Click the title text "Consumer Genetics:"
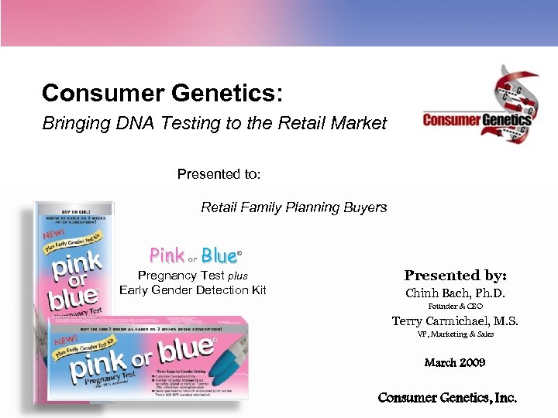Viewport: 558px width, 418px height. coord(162,94)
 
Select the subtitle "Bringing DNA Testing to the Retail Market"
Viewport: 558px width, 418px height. coord(214,123)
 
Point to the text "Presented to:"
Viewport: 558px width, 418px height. coord(219,174)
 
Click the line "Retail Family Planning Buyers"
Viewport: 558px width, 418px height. coord(294,207)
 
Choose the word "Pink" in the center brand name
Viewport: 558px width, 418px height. coord(167,255)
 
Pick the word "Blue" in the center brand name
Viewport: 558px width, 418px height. coord(219,255)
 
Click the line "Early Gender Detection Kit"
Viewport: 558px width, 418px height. coord(193,290)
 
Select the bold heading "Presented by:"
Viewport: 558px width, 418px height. coord(455,276)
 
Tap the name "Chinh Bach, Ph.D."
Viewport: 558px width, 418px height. coord(455,293)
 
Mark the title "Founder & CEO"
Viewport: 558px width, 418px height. coord(455,307)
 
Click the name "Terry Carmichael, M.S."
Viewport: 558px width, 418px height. coord(455,321)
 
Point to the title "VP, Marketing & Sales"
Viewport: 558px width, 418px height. coord(455,334)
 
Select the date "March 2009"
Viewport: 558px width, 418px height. coord(455,362)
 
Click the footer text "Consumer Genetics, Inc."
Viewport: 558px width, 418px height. coord(447,398)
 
